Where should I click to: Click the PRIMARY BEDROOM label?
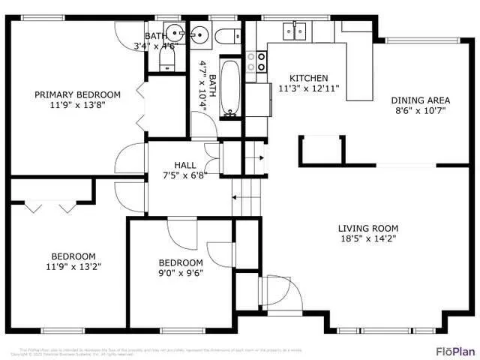(x=77, y=94)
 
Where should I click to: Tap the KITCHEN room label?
(x=308, y=78)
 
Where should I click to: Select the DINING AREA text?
(x=420, y=100)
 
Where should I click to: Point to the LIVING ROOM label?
(x=367, y=229)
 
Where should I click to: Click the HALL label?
(x=185, y=165)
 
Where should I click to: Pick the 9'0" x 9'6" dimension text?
(x=181, y=273)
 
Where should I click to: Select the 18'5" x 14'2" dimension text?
(x=367, y=240)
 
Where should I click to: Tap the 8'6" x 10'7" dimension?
(x=420, y=111)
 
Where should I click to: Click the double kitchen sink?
(x=294, y=31)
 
